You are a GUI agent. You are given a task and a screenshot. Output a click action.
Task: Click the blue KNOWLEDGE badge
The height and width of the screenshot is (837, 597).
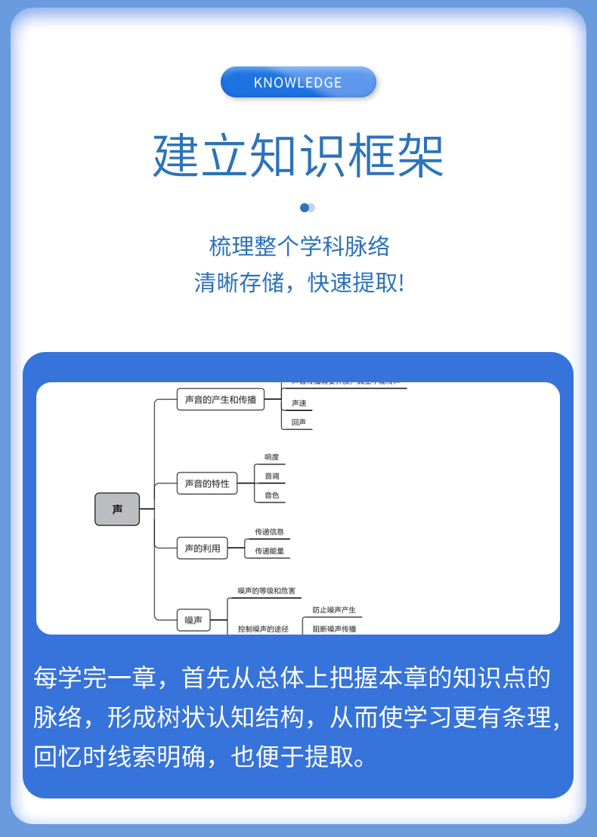click(x=298, y=82)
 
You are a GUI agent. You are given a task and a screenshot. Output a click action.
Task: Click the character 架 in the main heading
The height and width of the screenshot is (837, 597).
click(x=420, y=156)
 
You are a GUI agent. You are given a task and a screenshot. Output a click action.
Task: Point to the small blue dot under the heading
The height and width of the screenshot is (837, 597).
click(x=305, y=208)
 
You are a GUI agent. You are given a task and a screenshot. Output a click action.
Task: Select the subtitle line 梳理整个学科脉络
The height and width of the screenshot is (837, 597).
click(x=299, y=246)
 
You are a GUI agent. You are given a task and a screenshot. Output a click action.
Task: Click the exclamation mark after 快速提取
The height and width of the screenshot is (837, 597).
click(x=401, y=283)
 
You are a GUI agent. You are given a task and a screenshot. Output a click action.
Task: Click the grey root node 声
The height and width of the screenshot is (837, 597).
click(x=117, y=509)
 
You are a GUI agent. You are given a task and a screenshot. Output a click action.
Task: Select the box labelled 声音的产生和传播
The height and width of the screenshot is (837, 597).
click(x=221, y=399)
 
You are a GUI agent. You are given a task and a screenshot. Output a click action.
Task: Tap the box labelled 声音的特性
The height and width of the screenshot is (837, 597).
click(x=207, y=483)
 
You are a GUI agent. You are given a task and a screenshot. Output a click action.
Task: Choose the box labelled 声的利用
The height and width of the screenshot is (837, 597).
click(x=203, y=548)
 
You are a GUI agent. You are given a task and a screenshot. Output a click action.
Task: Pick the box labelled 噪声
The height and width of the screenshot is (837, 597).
click(x=193, y=620)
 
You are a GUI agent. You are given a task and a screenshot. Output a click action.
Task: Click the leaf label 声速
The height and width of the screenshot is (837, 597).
click(x=299, y=403)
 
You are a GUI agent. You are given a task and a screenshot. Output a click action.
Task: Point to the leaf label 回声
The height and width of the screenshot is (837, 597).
click(x=299, y=422)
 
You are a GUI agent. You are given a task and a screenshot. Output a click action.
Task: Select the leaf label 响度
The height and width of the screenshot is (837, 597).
click(x=272, y=457)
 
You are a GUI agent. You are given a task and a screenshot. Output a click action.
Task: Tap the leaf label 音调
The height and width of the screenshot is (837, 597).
click(x=272, y=476)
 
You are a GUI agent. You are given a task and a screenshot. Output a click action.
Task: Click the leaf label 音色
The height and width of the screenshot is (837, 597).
click(x=272, y=496)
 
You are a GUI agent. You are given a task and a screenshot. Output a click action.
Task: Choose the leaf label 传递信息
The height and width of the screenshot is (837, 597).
click(x=270, y=532)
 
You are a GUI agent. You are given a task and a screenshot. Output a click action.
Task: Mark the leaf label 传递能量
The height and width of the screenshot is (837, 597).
click(x=270, y=551)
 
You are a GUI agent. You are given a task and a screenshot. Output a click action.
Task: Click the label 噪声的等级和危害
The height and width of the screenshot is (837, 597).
click(x=267, y=591)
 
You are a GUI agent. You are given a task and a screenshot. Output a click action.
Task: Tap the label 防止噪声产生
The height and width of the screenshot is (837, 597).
click(x=334, y=610)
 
